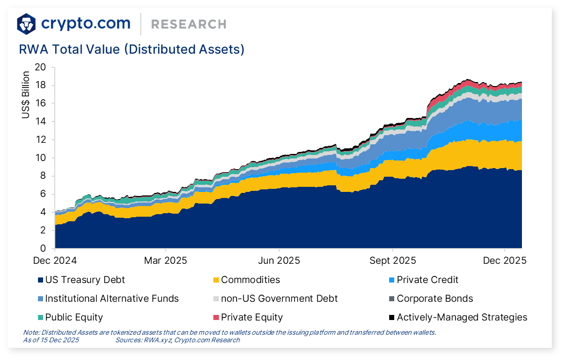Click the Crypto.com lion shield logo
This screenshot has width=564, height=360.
point(26,24)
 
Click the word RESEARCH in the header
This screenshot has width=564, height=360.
point(189,24)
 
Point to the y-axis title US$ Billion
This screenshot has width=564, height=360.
point(26,95)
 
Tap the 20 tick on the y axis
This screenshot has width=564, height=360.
point(41,67)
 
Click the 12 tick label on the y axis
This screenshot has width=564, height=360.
point(41,140)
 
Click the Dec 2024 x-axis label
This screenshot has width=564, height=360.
point(55,261)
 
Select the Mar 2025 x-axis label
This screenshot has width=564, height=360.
point(166,261)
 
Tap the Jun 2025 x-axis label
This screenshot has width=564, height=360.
point(279,261)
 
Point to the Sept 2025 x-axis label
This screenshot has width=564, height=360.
point(393,261)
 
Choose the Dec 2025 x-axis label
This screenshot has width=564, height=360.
point(505,261)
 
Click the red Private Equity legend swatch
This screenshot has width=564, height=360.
point(216,317)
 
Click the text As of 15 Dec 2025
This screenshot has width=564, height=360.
point(51,340)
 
